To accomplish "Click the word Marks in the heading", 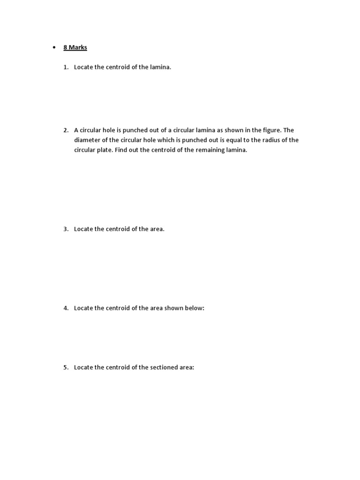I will pos(78,47).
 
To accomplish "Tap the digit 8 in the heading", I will pos(66,47).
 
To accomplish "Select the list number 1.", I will pos(66,67).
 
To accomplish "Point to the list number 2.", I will pos(66,130).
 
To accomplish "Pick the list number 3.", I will pos(66,229).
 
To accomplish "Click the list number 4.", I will pos(66,308).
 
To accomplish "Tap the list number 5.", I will pos(66,367).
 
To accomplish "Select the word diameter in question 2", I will pos(88,140).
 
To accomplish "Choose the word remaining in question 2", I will pos(208,150).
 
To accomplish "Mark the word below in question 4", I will pos(195,308).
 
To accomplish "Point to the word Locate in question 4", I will pos(84,308).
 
